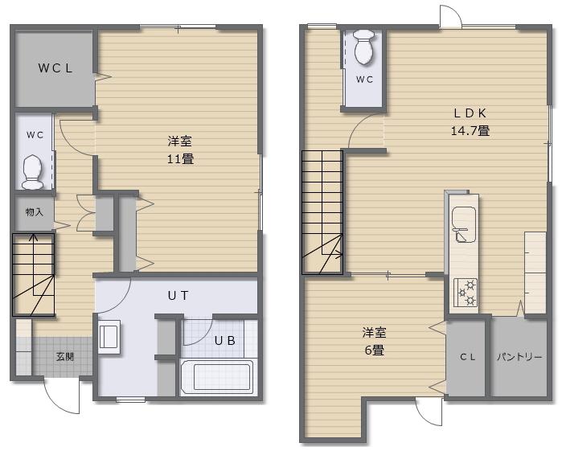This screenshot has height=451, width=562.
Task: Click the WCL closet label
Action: (x=55, y=68)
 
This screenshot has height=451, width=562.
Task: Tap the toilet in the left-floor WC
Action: (x=33, y=172)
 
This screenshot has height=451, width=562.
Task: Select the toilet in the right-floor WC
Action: (x=364, y=47)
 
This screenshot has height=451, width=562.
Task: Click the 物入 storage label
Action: (x=35, y=212)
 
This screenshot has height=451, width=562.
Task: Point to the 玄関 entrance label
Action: (x=65, y=357)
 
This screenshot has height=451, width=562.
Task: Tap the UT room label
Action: (x=178, y=295)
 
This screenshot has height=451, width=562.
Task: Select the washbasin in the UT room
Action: (x=109, y=337)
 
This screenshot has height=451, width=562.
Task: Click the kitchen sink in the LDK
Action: (x=464, y=225)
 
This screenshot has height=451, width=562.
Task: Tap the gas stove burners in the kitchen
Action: (x=466, y=292)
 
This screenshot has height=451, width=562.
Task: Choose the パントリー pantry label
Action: (x=519, y=357)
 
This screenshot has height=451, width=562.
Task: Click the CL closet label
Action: (x=468, y=357)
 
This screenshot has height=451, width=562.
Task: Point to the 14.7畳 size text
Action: (x=470, y=130)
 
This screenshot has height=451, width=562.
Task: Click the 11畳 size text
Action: (x=180, y=158)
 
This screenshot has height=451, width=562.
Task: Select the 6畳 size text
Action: (x=374, y=350)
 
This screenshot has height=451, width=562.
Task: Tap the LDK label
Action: (x=470, y=113)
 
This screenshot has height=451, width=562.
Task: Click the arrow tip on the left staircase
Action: (x=34, y=235)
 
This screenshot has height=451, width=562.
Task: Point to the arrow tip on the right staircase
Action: (x=342, y=255)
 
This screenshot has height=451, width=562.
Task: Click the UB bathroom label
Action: (x=225, y=340)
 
